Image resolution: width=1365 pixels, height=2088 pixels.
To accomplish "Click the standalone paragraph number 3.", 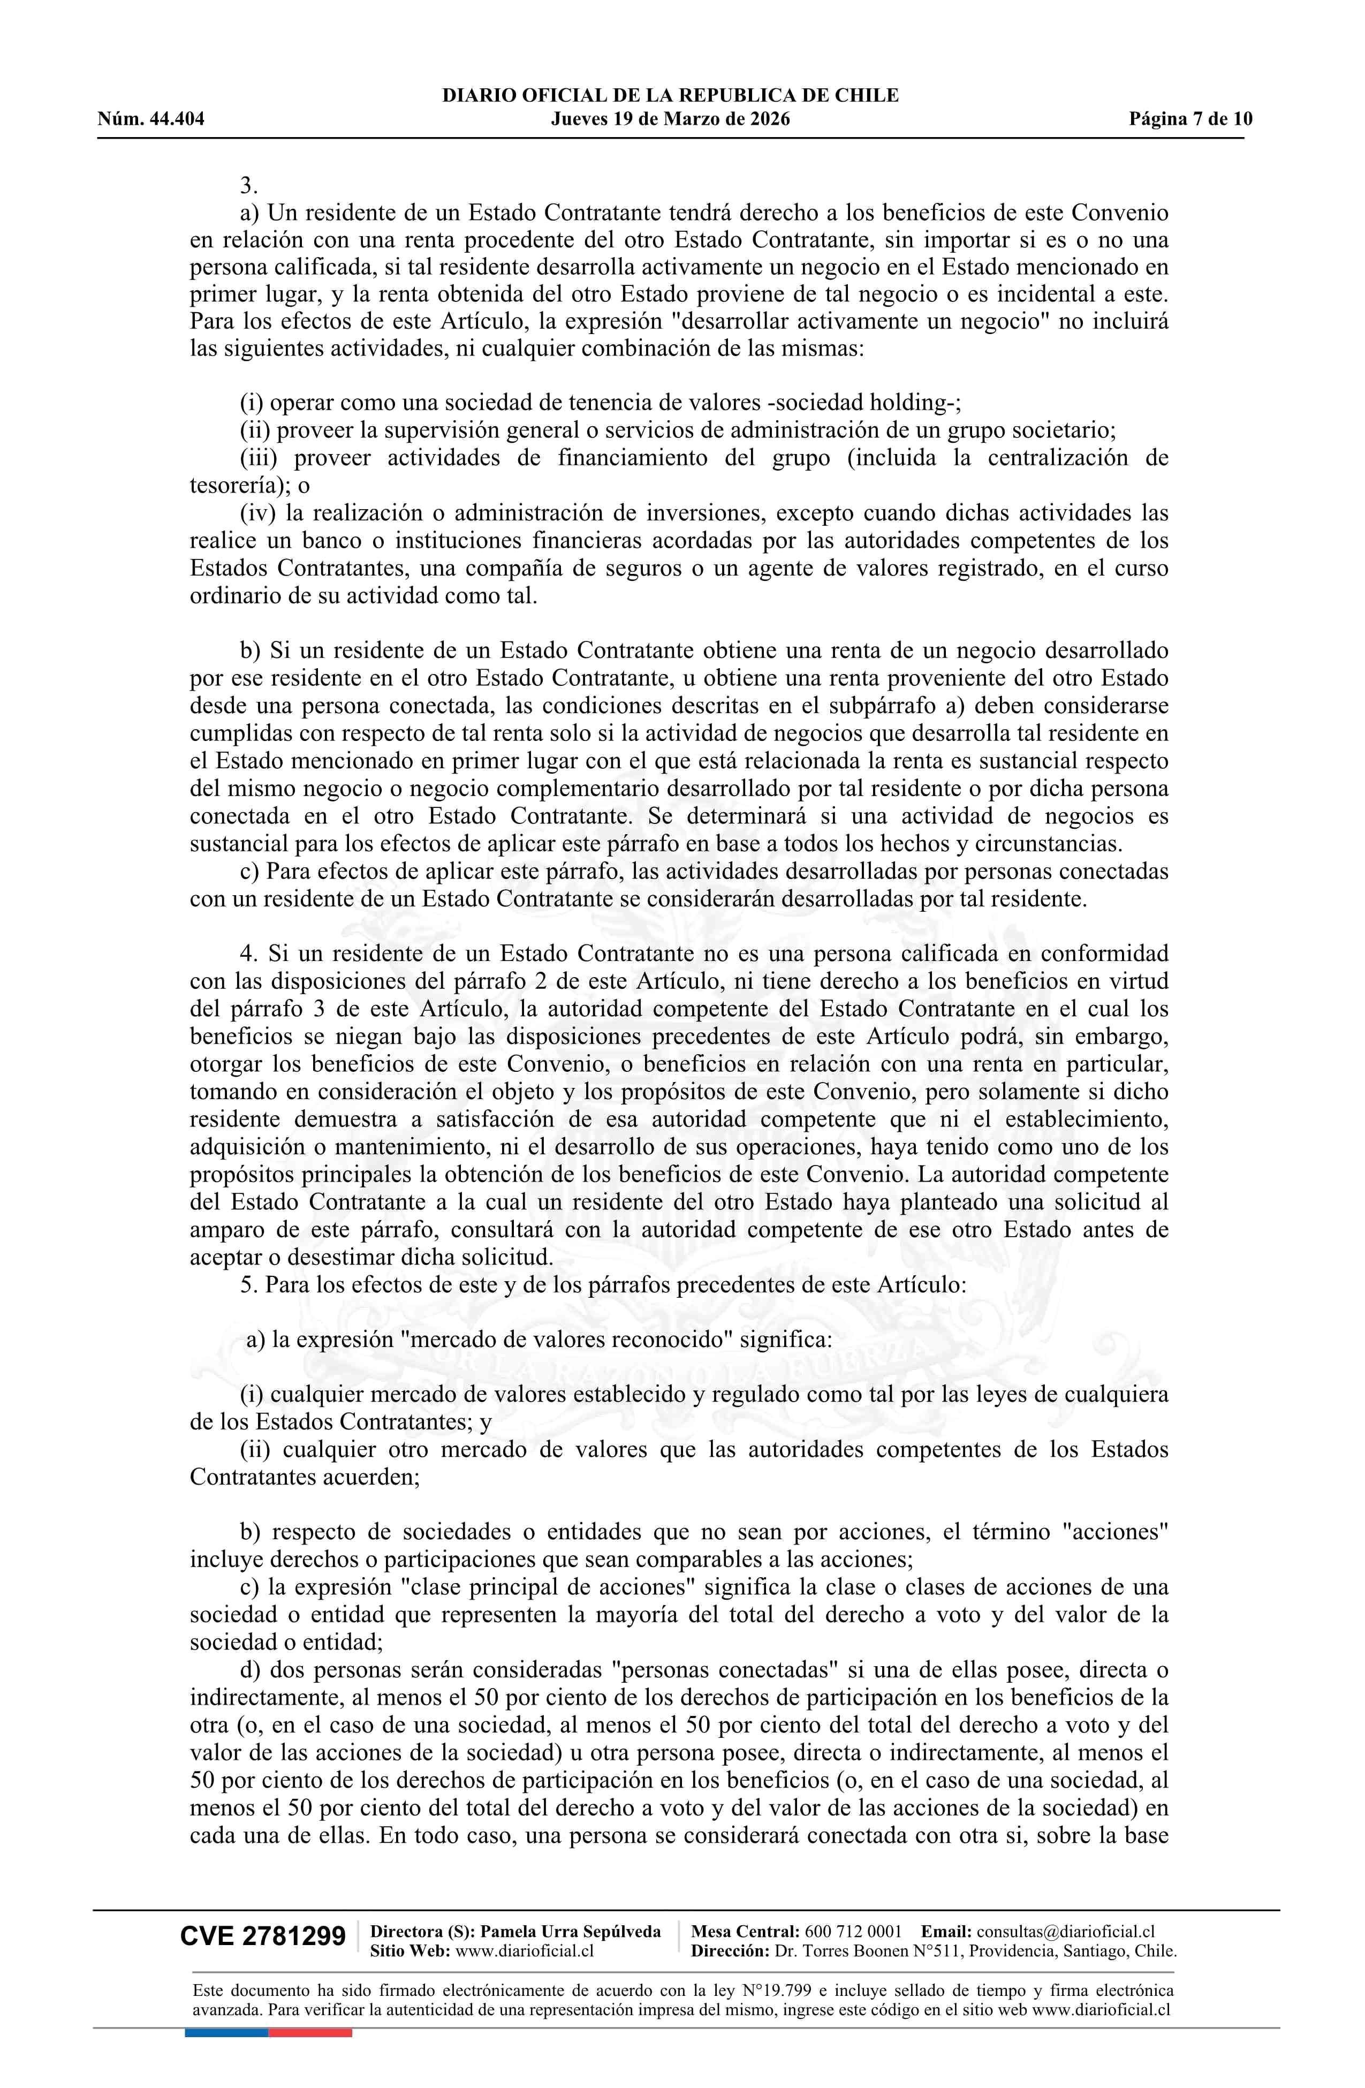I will [248, 185].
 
